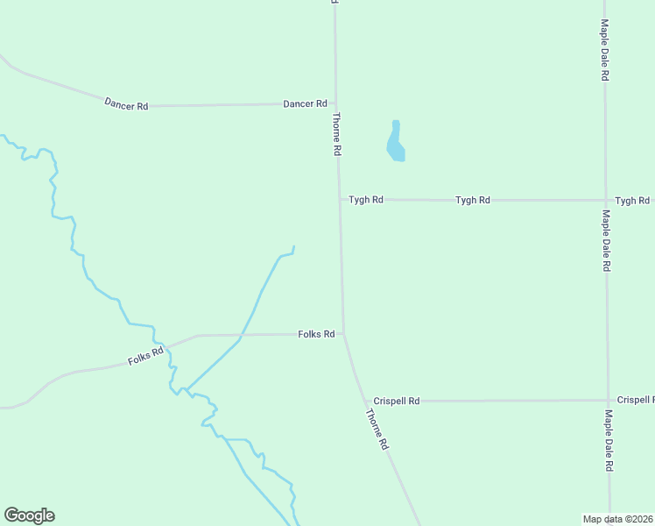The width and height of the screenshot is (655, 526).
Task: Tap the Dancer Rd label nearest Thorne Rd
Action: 305,103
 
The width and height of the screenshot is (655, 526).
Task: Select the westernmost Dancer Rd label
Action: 126,105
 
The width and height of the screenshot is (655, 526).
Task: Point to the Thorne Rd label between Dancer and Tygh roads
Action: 336,134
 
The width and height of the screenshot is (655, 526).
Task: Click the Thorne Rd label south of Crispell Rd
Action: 377,430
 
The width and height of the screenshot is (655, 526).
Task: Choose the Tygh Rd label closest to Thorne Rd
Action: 366,200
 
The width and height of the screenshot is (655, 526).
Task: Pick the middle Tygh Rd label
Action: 472,201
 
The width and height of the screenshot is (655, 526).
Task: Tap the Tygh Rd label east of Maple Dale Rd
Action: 632,201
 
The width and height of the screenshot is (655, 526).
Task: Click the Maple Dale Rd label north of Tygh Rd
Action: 604,51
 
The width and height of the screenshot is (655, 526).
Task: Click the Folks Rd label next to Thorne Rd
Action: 316,334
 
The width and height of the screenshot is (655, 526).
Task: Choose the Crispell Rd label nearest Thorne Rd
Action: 397,401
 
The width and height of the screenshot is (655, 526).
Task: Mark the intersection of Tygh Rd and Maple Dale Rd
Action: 605,201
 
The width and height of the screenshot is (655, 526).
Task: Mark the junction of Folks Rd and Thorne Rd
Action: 343,334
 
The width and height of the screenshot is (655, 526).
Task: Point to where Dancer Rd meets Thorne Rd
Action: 335,103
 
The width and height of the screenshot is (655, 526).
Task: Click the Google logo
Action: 29,515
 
